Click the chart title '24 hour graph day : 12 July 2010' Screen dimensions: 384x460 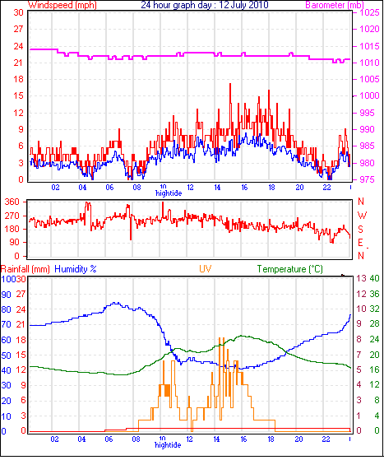pos(204,5)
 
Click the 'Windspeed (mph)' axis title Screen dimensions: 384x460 pos(62,5)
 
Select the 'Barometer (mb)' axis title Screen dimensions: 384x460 pos(335,5)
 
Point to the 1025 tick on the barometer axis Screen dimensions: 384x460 pos(369,12)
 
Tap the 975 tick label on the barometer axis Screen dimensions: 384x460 pos(367,179)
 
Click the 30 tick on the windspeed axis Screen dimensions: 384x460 pos(18,12)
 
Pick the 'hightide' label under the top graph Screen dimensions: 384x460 pos(169,193)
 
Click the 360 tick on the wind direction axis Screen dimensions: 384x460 pos(12,202)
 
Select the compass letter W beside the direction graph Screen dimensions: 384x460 pos(362,216)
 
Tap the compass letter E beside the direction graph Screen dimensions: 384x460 pos(360,243)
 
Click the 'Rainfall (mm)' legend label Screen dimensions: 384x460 pos(25,269)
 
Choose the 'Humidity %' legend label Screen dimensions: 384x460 pos(76,269)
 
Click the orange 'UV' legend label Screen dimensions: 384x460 pos(206,269)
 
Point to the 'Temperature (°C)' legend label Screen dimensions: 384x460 pos(290,269)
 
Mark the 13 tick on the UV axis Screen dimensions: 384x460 pos(362,278)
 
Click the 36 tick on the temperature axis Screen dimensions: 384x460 pos(374,294)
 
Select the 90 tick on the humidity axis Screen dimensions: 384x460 pos(6,295)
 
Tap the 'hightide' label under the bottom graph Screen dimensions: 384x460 pos(168,445)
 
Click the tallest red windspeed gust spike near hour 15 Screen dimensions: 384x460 pos(230,85)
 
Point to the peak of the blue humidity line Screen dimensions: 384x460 pos(115,303)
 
